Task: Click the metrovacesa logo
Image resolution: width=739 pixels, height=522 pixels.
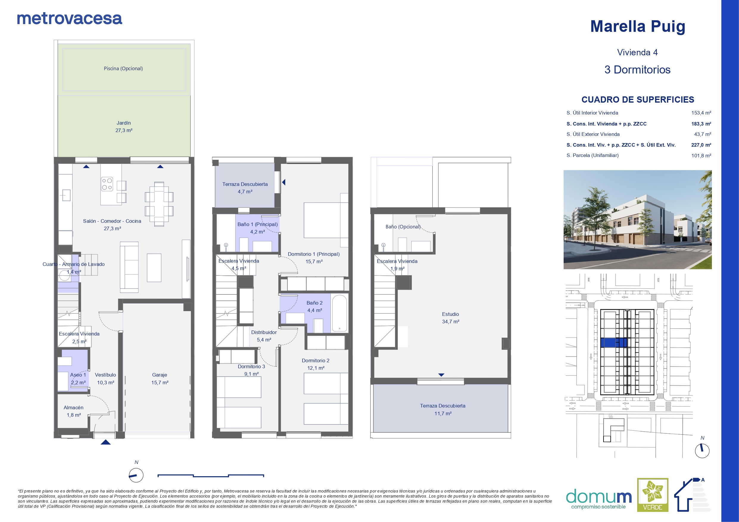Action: pyautogui.click(x=69, y=19)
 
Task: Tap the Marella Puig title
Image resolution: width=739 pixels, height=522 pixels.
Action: pyautogui.click(x=637, y=26)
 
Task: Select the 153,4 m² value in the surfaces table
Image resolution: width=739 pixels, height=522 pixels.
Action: pyautogui.click(x=701, y=113)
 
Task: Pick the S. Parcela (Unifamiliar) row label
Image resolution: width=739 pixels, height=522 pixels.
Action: pyautogui.click(x=592, y=155)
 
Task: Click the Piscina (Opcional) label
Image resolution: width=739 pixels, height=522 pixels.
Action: pyautogui.click(x=123, y=68)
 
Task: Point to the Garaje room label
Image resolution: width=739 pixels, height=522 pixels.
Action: pyautogui.click(x=160, y=375)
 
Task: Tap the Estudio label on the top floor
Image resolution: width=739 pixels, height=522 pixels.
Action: pyautogui.click(x=450, y=314)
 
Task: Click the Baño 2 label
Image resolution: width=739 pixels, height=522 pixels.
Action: pyautogui.click(x=314, y=303)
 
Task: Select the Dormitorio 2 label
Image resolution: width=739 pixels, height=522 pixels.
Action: pyautogui.click(x=315, y=360)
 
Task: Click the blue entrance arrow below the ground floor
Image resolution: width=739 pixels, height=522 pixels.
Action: pyautogui.click(x=106, y=442)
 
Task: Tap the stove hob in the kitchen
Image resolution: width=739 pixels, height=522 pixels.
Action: pyautogui.click(x=107, y=184)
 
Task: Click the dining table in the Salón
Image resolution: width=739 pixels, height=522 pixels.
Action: pyautogui.click(x=159, y=204)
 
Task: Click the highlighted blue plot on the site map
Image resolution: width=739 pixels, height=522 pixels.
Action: pyautogui.click(x=613, y=343)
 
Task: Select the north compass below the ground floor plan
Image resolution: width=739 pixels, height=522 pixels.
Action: pyautogui.click(x=136, y=475)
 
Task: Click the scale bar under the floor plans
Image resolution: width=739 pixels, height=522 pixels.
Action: pyautogui.click(x=211, y=476)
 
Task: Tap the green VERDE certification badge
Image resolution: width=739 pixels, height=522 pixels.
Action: pyautogui.click(x=653, y=495)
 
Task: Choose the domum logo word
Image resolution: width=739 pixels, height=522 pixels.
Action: pyautogui.click(x=599, y=497)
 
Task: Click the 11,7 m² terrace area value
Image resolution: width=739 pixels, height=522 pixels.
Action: pyautogui.click(x=443, y=414)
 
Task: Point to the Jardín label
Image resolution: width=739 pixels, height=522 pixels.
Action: pyautogui.click(x=124, y=123)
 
